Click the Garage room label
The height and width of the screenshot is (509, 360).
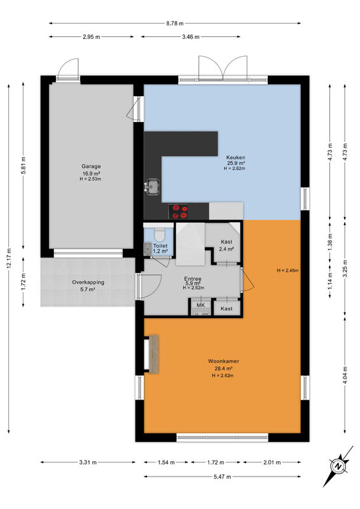pyautogui.click(x=91, y=167)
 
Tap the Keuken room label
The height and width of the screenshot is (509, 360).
pyautogui.click(x=236, y=158)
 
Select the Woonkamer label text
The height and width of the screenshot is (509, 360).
pyautogui.click(x=223, y=361)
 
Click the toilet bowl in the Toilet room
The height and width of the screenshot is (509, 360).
pyautogui.click(x=160, y=234)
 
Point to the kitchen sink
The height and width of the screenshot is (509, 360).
pyautogui.click(x=152, y=187)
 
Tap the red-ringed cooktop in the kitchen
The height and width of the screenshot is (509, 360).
pyautogui.click(x=178, y=211)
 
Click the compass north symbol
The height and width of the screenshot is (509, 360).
pyautogui.click(x=338, y=466)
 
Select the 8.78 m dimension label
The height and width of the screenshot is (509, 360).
pyautogui.click(x=175, y=24)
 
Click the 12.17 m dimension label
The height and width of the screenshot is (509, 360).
pyautogui.click(x=9, y=258)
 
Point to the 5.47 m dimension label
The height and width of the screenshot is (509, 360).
pyautogui.click(x=223, y=477)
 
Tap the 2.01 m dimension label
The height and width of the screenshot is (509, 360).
pyautogui.click(x=272, y=463)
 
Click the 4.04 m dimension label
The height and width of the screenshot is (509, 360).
pyautogui.click(x=345, y=375)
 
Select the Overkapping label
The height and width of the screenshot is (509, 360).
pyautogui.click(x=88, y=282)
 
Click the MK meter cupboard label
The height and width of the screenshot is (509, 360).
pyautogui.click(x=200, y=305)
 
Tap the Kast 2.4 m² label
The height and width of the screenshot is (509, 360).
pyautogui.click(x=226, y=246)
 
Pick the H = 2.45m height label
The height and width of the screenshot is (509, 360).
pyautogui.click(x=287, y=270)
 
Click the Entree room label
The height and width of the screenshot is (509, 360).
pyautogui.click(x=193, y=279)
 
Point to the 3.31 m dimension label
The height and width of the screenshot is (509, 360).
pyautogui.click(x=88, y=463)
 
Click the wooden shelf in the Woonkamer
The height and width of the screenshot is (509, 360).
pyautogui.click(x=153, y=354)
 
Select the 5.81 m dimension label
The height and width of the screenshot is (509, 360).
pyautogui.click(x=24, y=165)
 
